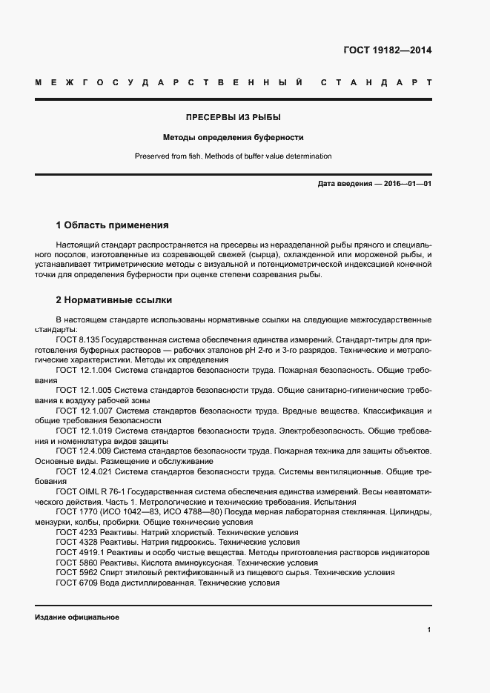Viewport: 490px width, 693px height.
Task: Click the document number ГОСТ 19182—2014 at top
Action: tap(387, 50)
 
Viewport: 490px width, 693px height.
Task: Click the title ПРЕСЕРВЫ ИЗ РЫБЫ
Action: tap(233, 117)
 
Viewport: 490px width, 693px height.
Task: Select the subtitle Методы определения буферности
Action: tap(234, 137)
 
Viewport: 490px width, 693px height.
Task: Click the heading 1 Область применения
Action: tap(113, 225)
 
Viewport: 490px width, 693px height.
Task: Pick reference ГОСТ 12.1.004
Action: tap(85, 369)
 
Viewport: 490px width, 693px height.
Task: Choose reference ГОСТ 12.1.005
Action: tap(85, 389)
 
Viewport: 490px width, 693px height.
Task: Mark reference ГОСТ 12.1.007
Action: tap(85, 410)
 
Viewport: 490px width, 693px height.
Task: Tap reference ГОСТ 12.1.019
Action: tap(85, 430)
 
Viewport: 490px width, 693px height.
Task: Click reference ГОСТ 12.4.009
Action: tap(85, 451)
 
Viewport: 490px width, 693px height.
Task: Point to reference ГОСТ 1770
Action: tap(76, 512)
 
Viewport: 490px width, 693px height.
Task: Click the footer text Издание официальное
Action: tap(77, 617)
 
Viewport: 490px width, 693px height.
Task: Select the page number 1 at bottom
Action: tap(428, 630)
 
